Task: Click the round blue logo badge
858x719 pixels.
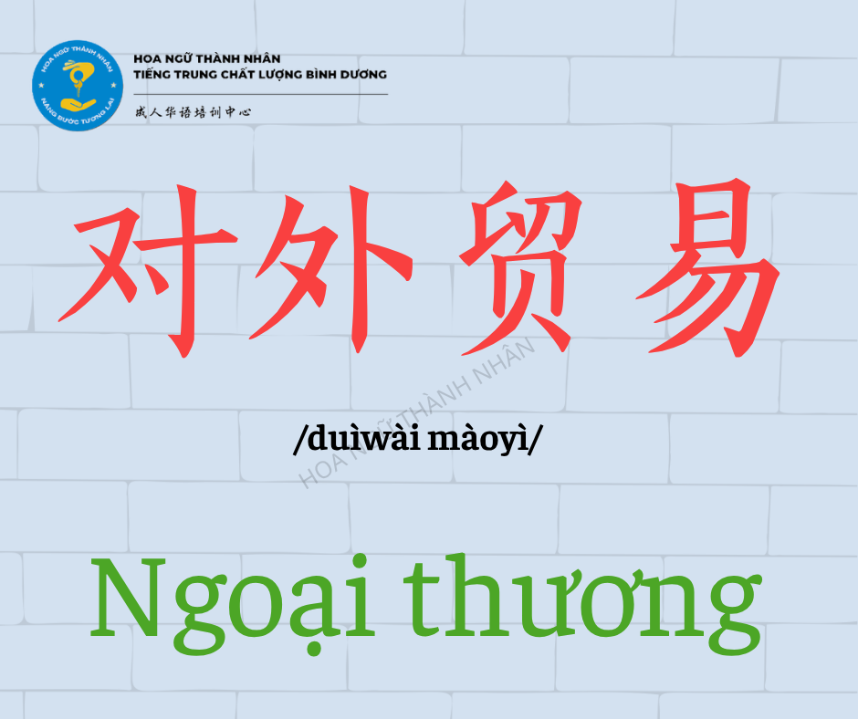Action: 78,86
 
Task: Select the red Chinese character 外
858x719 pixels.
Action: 331,269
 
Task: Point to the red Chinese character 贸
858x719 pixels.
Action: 520,268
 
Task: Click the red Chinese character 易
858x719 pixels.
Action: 708,267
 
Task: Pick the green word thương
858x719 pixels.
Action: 582,605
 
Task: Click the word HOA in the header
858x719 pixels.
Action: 146,58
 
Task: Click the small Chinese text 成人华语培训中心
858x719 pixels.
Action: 194,112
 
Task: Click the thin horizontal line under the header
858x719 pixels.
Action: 260,94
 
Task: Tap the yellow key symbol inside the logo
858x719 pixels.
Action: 76,77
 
